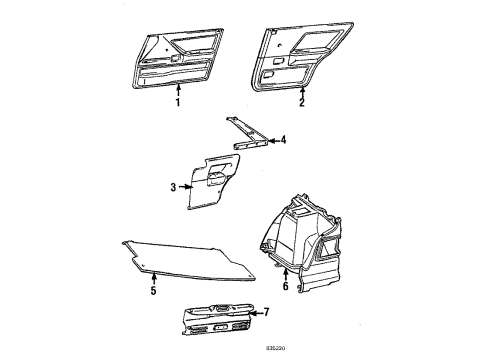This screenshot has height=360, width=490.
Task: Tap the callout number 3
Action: click(174, 186)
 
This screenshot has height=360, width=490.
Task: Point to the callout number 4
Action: click(283, 141)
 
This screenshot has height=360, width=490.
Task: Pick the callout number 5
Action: click(153, 291)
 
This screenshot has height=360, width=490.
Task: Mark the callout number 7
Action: click(265, 312)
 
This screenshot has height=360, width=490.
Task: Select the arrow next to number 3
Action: click(186, 186)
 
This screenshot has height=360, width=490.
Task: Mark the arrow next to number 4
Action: click(271, 141)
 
